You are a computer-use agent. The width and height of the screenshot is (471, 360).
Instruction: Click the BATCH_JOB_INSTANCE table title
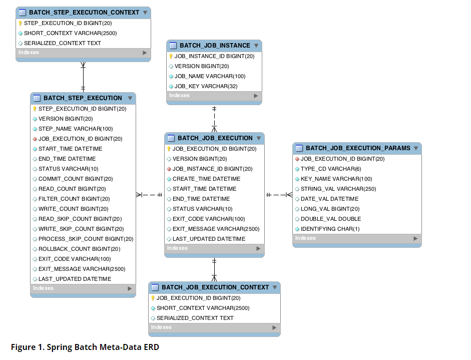coord(215,46)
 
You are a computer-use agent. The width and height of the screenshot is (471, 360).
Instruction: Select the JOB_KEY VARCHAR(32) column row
coord(206,86)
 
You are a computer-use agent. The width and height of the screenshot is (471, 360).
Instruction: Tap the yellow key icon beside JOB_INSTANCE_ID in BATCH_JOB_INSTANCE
coord(171,56)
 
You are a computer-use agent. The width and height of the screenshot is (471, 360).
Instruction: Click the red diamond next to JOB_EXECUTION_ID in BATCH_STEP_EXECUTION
coord(35,139)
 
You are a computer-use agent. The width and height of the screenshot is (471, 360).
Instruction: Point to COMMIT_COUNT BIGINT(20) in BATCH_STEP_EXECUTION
coord(76,179)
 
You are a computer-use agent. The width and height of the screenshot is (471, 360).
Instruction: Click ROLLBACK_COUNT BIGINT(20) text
coord(79,249)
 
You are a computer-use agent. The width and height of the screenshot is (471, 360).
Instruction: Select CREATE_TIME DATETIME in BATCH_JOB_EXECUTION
coord(206,179)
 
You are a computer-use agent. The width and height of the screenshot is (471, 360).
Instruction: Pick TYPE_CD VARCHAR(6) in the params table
coord(331,169)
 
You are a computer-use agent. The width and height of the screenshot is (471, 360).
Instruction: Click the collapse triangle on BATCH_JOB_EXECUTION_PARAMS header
coord(416,148)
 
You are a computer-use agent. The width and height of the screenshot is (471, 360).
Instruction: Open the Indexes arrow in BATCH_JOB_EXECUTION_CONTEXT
coord(274,327)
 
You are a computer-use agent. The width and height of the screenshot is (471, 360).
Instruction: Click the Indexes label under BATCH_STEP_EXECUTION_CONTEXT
coord(29,52)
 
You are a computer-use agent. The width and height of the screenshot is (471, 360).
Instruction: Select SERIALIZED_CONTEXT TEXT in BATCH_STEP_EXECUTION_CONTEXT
coord(62,43)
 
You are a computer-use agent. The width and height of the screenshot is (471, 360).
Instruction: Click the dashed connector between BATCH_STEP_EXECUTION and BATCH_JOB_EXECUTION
coord(149,195)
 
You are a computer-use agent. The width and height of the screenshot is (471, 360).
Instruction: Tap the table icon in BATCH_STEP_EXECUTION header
coord(37,98)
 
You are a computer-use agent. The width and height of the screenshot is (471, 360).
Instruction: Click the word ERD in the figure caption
coord(151,347)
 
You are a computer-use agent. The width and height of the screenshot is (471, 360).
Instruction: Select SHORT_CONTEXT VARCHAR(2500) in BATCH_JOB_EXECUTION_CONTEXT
coord(203,308)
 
